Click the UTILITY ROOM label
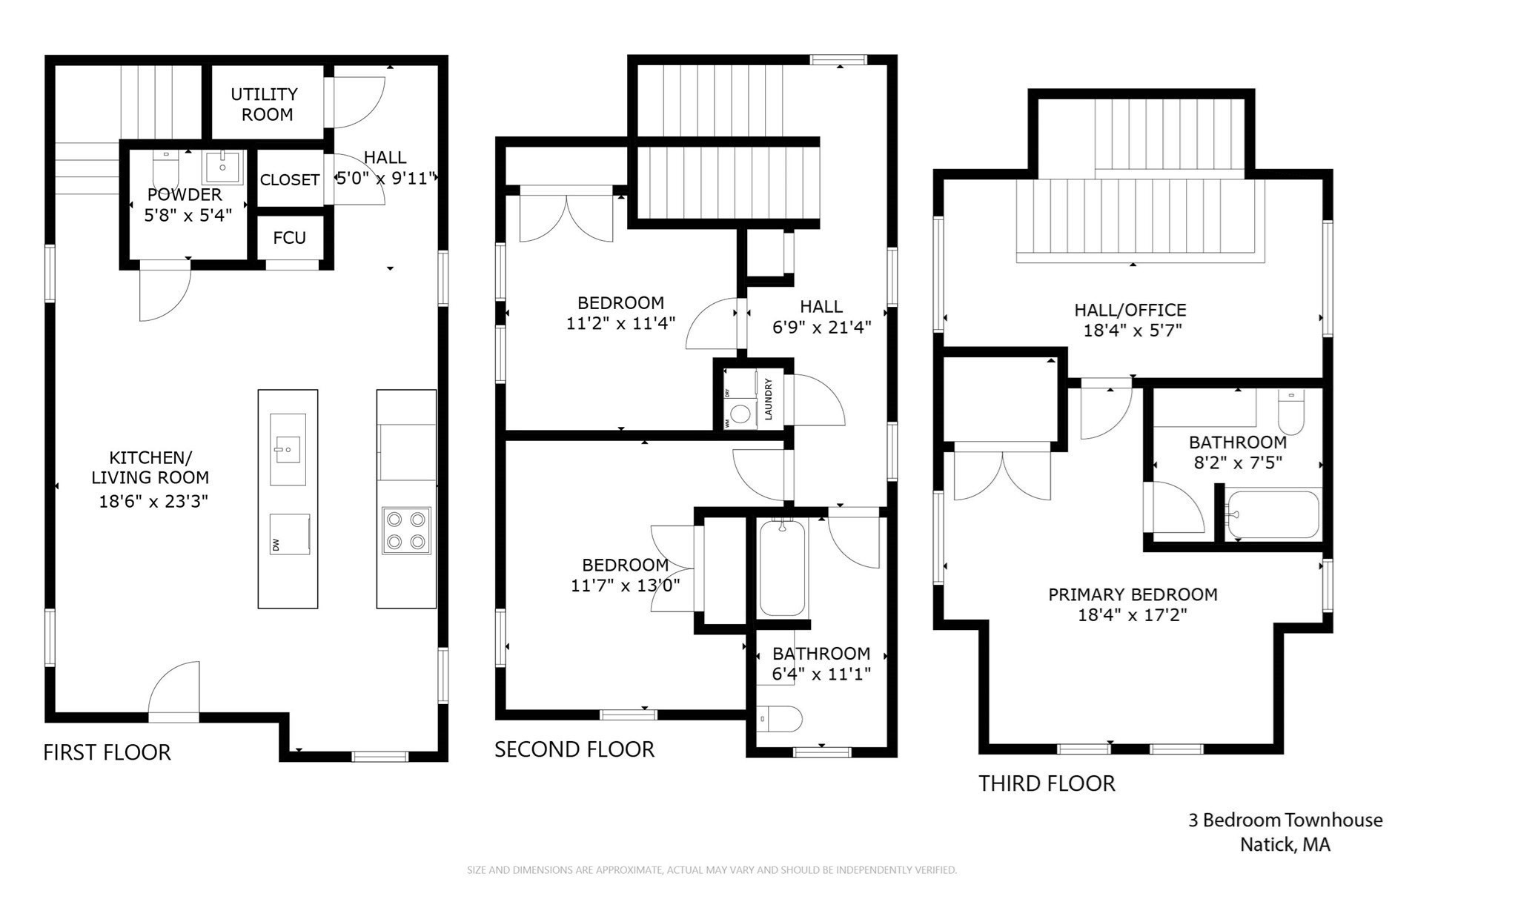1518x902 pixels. click(x=265, y=105)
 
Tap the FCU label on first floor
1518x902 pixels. click(x=289, y=238)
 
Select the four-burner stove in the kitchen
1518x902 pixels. click(x=406, y=530)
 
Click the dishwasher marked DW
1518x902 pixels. click(x=288, y=534)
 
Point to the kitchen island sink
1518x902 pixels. click(x=288, y=449)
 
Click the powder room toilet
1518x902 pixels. click(x=165, y=168)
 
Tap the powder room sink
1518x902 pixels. click(x=222, y=166)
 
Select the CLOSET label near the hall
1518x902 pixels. click(x=289, y=180)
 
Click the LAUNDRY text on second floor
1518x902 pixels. click(x=769, y=399)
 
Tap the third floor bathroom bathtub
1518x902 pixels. click(x=1272, y=514)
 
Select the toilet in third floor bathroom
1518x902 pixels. click(x=1291, y=414)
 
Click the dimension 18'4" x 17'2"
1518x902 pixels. click(x=1132, y=615)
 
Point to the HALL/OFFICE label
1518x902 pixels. click(x=1130, y=310)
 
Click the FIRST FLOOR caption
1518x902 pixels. click(x=107, y=752)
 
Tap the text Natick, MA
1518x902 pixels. click(x=1285, y=844)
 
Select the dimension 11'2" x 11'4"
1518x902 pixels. click(x=620, y=324)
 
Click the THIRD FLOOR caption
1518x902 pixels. click(x=1046, y=783)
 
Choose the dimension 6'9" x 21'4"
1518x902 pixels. click(x=821, y=328)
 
